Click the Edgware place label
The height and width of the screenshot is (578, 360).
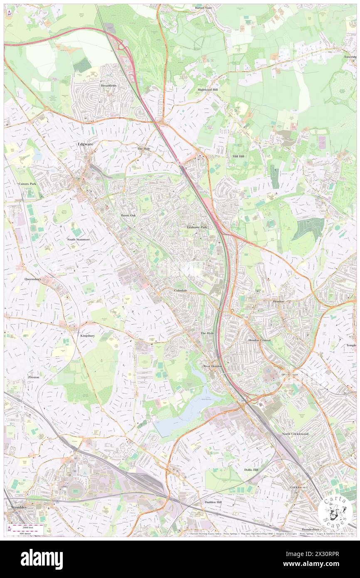pos(85,144)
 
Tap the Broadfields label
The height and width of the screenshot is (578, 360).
pos(108,86)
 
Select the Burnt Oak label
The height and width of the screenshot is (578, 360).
pos(128,215)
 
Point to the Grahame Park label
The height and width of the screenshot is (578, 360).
pos(197,227)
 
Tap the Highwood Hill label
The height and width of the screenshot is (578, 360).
pos(207,89)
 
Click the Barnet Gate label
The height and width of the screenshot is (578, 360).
pos(204,7)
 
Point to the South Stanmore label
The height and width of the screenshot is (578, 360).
pos(78,240)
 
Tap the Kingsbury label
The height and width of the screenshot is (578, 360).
pos(88,335)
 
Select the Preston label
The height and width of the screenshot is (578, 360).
pos(34,377)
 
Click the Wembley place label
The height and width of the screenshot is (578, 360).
pos(17,508)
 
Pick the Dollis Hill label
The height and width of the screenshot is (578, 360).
pos(251,469)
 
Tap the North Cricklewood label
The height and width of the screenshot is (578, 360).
pos(295,434)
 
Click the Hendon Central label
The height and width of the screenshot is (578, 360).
pos(259,340)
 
